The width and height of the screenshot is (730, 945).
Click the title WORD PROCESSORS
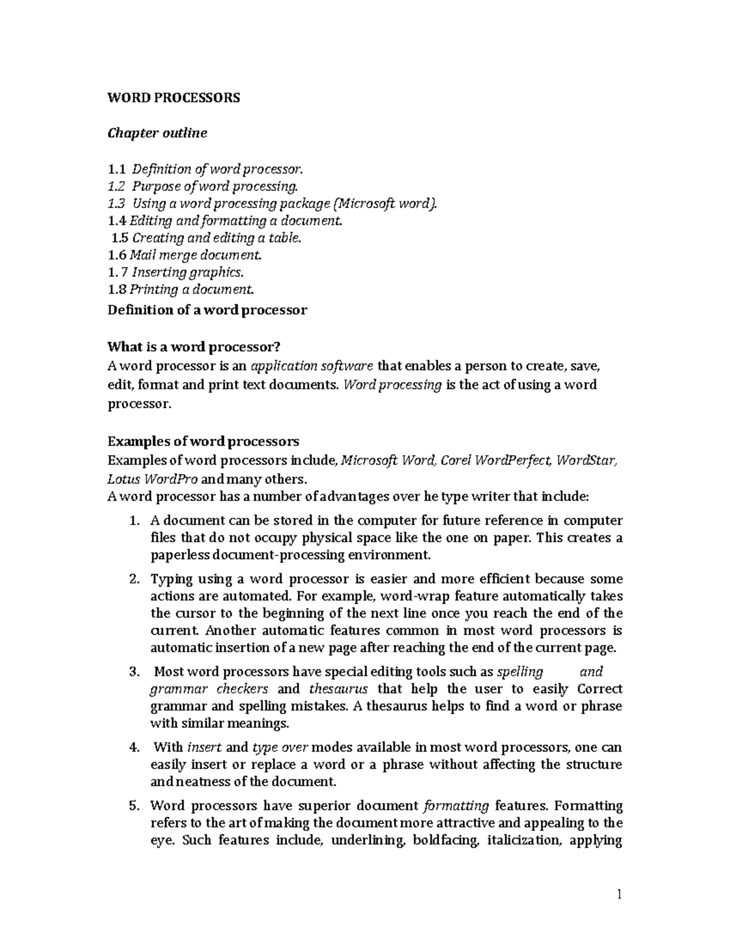173,97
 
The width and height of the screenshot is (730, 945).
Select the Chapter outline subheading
157,133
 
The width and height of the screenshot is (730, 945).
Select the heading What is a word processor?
194,347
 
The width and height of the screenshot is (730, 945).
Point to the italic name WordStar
587,459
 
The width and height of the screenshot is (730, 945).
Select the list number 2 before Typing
134,579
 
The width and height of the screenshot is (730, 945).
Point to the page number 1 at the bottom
619,894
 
